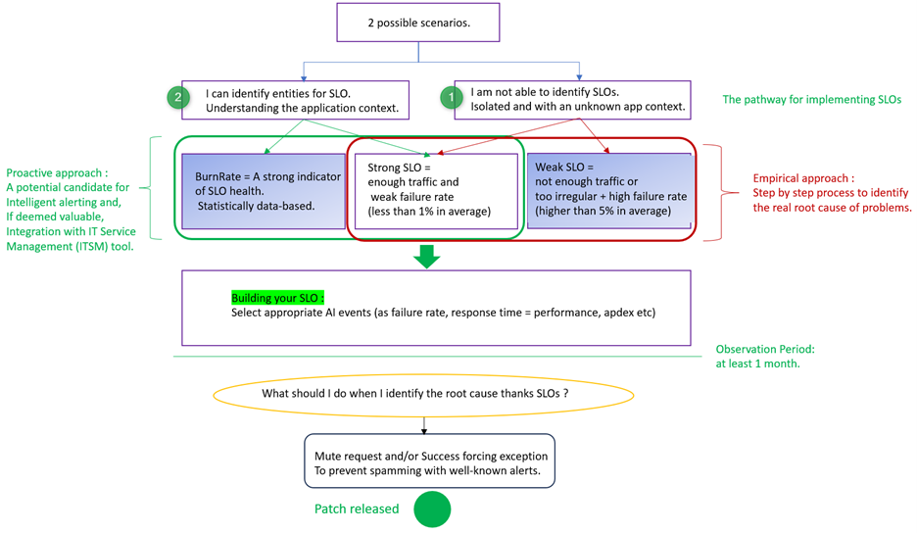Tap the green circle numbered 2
tap(177, 97)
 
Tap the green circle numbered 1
tap(451, 97)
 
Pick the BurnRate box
tap(263, 190)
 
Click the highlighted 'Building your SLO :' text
tap(277, 297)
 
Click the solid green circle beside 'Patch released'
tap(432, 510)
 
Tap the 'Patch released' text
tap(357, 509)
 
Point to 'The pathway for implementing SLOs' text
tap(810, 100)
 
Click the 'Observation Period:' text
tap(765, 349)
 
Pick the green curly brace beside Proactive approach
tap(150, 187)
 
